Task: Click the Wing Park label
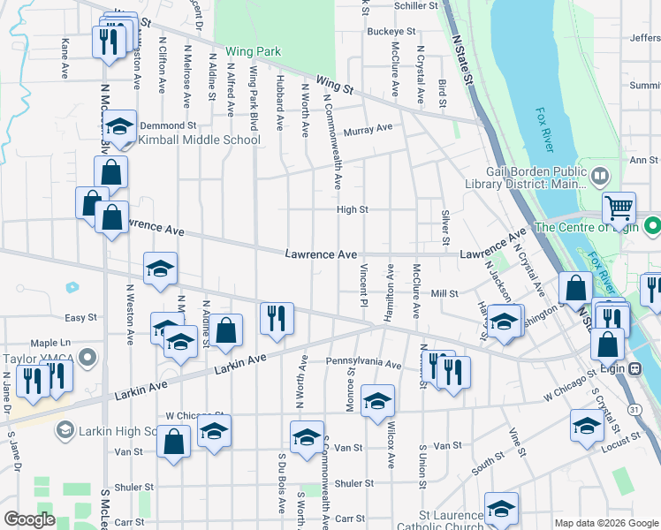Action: point(253,51)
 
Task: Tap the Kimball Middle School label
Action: point(200,140)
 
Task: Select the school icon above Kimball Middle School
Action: point(119,126)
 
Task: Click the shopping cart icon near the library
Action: point(619,208)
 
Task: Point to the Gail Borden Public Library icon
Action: point(600,176)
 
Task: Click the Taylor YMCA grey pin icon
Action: point(87,357)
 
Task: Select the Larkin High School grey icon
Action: point(65,430)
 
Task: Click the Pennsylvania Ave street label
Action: point(363,362)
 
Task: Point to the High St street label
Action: point(352,209)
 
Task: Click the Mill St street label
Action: point(444,293)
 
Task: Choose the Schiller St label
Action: point(415,5)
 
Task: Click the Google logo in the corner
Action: point(29,519)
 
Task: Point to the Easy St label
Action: point(80,317)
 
